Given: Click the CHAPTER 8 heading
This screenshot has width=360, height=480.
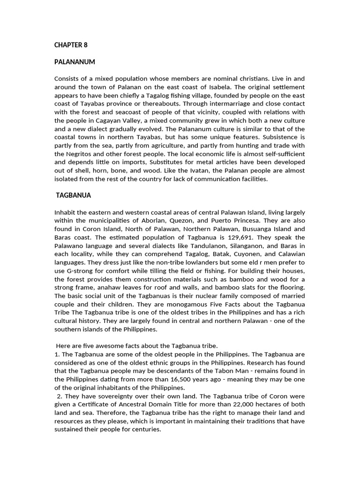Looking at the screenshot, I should point(71,45).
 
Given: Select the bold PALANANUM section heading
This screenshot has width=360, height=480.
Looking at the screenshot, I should point(75,62).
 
